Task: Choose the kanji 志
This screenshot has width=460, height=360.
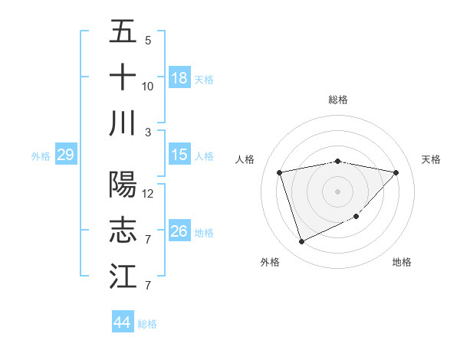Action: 123,230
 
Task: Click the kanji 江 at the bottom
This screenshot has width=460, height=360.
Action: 123,276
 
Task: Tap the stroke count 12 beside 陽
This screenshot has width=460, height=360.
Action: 148,194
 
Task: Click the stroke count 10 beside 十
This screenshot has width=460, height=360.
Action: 148,87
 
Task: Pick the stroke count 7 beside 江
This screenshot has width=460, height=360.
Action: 148,286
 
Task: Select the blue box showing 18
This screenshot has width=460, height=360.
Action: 179,77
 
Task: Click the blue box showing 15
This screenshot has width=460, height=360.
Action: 179,154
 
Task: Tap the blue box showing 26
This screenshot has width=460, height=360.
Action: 179,231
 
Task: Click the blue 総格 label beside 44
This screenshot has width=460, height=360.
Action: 147,324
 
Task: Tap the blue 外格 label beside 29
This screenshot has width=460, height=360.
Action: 41,156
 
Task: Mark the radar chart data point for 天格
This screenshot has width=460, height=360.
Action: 396,172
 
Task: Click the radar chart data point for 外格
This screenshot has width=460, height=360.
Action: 301,242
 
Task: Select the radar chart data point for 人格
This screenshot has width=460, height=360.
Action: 280,172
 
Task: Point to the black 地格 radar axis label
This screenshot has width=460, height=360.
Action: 402,263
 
